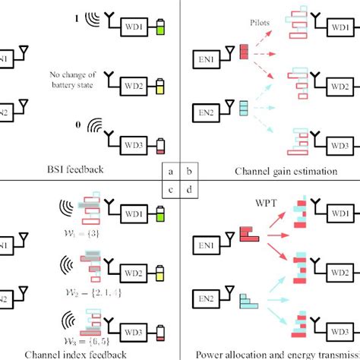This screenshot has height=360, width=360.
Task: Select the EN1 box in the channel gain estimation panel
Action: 206,57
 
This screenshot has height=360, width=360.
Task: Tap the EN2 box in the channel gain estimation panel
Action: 206,115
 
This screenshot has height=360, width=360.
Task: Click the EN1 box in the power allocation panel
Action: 206,236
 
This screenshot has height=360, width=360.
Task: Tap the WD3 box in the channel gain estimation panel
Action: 337,142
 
